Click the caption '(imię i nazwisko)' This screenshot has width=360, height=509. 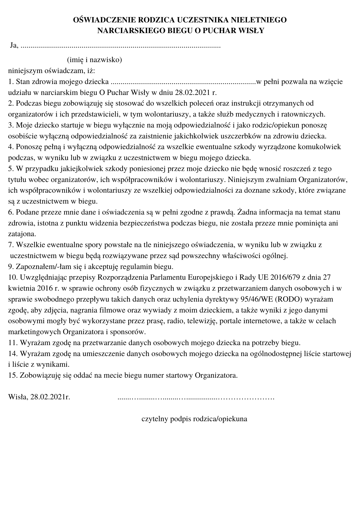pos(94,60)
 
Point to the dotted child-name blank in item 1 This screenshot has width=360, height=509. pos(183,82)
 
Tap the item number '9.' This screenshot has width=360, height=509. pos(11,267)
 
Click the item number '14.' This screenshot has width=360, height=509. pos(13,354)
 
